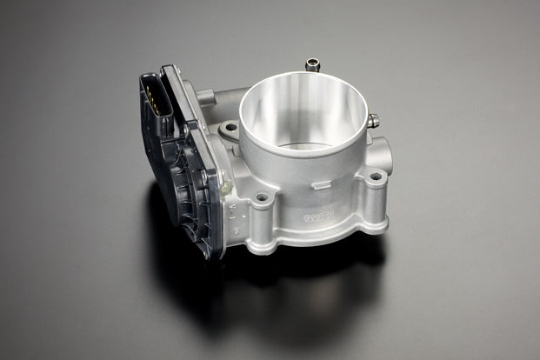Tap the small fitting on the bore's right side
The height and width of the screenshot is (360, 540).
pos(373,120)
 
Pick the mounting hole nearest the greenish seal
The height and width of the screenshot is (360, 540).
pos(260,198)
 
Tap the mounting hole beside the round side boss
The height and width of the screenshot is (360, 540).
pos(376,177)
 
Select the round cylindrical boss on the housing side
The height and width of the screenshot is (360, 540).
pos(380,150)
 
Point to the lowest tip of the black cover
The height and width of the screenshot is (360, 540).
pos(207,257)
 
